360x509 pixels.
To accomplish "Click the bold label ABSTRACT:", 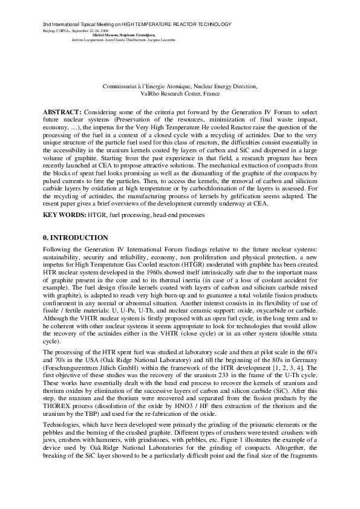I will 62,112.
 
